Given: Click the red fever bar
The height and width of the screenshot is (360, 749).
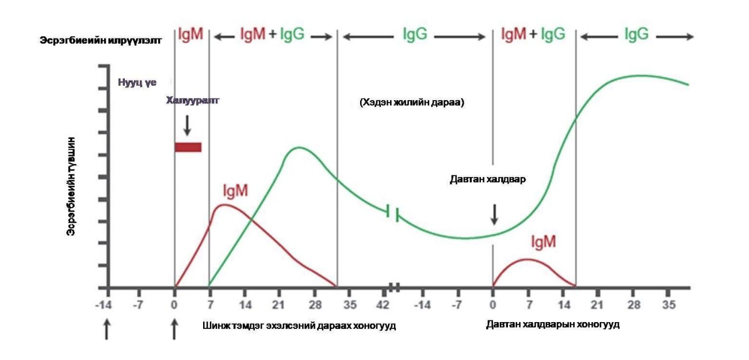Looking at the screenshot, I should pos(188,147).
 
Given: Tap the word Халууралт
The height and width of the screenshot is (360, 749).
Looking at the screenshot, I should pos(193,101).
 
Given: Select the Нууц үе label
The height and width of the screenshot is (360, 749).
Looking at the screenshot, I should pos(137,82).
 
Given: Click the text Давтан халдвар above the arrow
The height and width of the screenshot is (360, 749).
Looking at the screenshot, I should pos(488,179).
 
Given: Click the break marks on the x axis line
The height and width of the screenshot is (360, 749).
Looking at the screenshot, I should pos(394,287).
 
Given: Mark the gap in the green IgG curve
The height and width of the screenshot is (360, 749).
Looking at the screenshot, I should pos(393,213).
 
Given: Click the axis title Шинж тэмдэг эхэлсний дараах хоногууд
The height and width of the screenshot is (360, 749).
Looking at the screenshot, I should pos(299,325).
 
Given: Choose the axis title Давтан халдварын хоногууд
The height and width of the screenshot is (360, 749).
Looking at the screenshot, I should pos(552,324).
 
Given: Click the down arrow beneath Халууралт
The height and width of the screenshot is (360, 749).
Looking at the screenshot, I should pos(186,125).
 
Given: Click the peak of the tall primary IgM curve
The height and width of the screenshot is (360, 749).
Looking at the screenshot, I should pos(224,205).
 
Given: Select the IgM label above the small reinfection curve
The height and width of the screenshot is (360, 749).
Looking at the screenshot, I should pos(543,242).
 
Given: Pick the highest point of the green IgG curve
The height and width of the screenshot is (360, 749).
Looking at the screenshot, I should pos(636,75).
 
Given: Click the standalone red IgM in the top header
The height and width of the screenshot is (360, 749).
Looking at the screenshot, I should pos(190,35).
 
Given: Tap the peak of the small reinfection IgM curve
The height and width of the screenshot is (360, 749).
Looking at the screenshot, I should pos(526,259).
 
